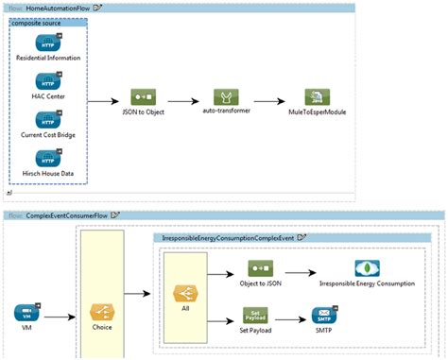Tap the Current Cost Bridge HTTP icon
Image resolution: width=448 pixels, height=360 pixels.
48,122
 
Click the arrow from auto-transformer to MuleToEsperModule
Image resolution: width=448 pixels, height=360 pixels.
268,100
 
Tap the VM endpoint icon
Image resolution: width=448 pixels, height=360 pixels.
26,314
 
